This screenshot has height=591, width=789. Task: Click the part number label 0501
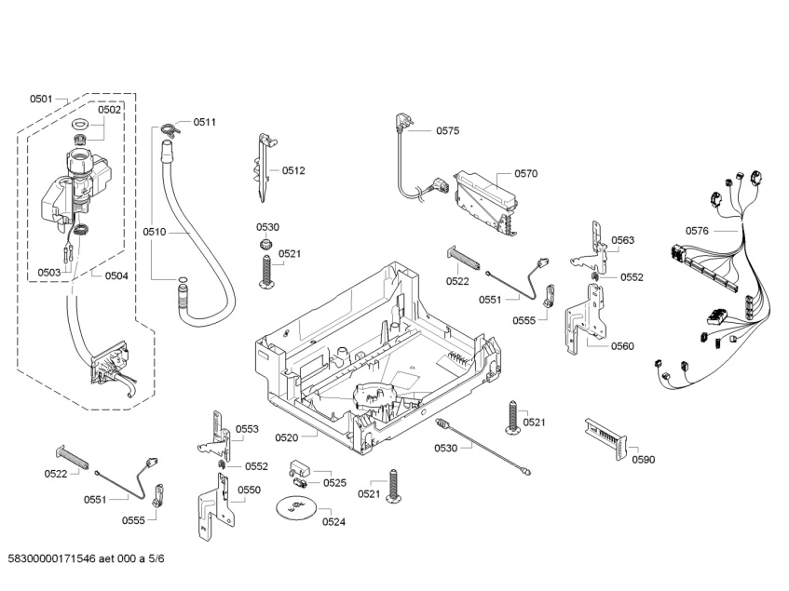tap(41, 99)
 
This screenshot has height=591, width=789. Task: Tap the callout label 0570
tap(525, 173)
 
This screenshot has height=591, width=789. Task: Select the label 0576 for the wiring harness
tap(697, 231)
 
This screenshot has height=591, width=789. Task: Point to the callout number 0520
tap(286, 437)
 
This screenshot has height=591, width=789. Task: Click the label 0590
tap(644, 460)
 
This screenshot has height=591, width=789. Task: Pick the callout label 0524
tap(333, 521)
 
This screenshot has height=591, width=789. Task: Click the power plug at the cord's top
tap(403, 122)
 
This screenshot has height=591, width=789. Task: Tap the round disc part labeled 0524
tap(296, 506)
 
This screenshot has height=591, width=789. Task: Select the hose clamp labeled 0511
tap(170, 129)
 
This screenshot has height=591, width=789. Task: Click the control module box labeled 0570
tap(485, 202)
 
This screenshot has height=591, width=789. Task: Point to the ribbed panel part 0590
tap(606, 437)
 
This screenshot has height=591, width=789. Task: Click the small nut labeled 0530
tap(265, 244)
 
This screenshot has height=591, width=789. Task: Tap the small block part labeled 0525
tap(300, 469)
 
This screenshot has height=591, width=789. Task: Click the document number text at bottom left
tap(86, 558)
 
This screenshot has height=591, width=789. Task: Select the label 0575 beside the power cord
tap(447, 130)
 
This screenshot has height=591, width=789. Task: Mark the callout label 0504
tap(116, 275)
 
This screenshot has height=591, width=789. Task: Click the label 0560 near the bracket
tap(622, 345)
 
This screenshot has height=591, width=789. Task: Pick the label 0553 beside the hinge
tap(247, 429)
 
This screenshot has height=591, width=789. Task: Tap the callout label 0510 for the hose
tap(154, 232)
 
